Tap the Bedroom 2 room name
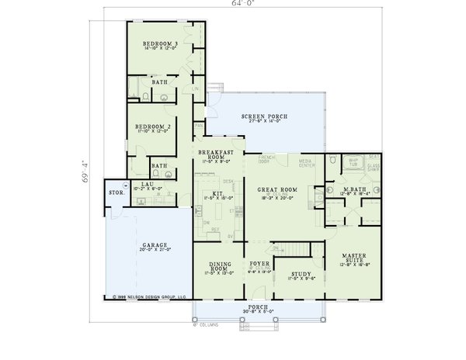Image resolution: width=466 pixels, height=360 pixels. [153, 126]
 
